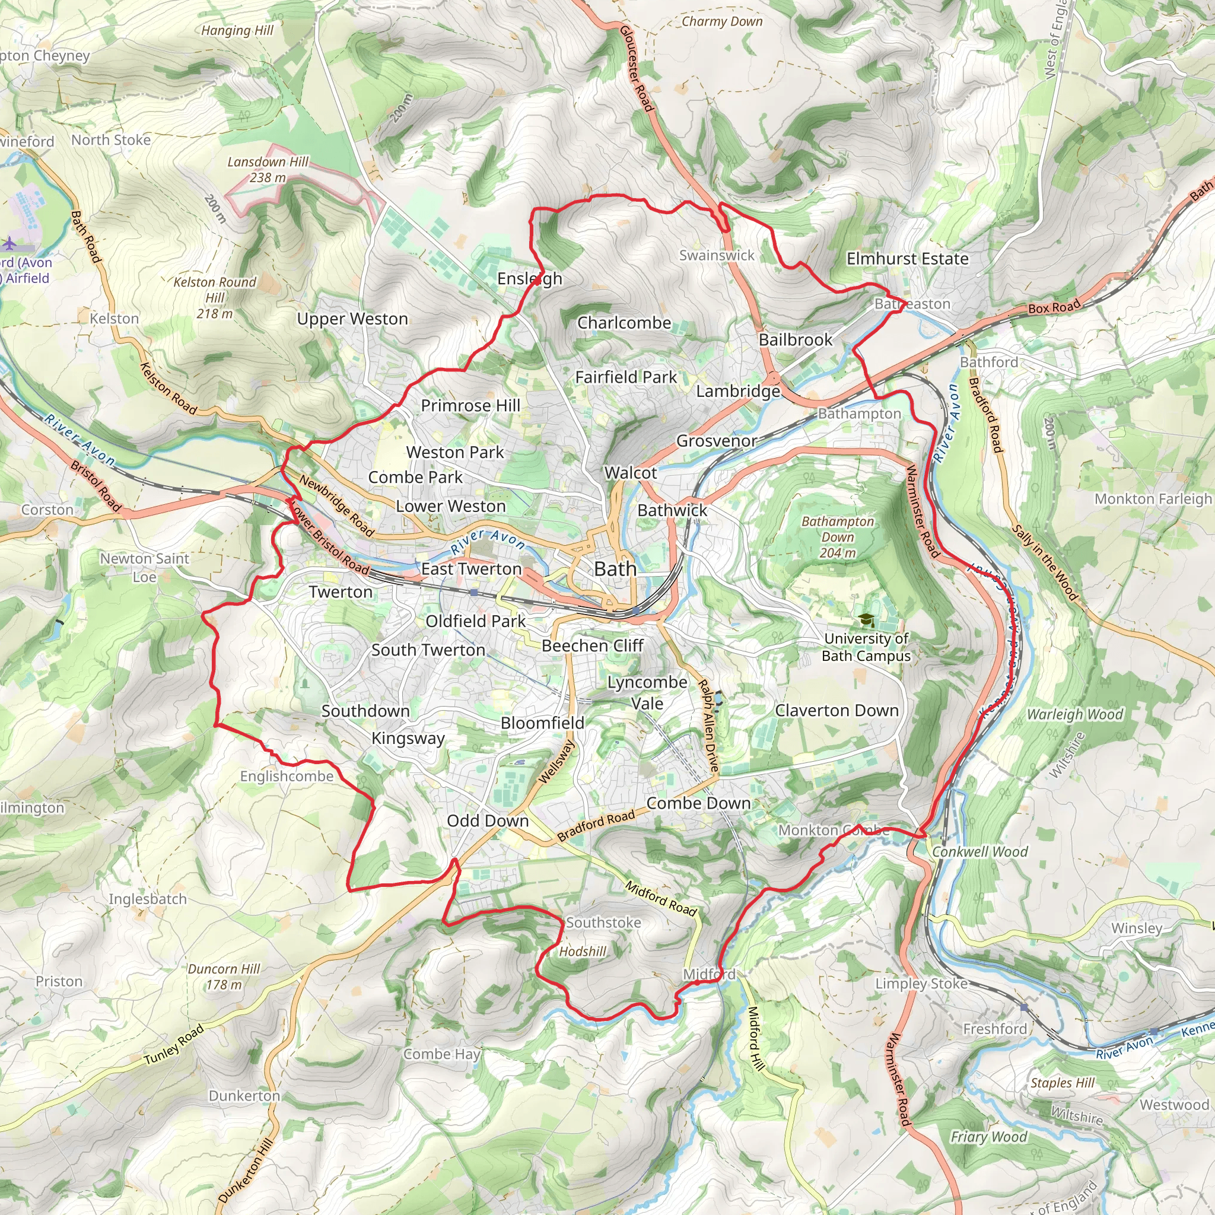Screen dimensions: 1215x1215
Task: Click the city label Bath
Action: (615, 569)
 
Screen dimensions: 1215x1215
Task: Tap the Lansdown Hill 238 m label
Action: (268, 170)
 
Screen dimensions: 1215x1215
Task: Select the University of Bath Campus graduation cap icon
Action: (867, 620)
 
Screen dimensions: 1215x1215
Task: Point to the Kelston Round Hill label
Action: (214, 297)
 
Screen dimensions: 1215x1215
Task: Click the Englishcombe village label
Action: (287, 776)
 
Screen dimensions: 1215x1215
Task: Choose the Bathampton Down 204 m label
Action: (838, 537)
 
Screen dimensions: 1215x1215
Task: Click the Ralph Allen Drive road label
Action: (709, 726)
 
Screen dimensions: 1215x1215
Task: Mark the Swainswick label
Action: (716, 255)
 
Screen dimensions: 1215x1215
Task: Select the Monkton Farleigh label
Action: (1153, 499)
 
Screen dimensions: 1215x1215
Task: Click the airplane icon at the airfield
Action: (10, 243)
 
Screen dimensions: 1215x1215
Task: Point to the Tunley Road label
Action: (174, 1045)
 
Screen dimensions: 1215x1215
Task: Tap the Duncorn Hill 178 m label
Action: (224, 977)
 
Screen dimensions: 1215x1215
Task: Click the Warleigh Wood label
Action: (1074, 714)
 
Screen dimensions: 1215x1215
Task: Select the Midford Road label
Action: (661, 898)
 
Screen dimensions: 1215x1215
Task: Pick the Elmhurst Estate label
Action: (907, 259)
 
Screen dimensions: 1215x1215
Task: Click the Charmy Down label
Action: (722, 21)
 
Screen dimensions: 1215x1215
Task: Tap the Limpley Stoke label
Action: (921, 983)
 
